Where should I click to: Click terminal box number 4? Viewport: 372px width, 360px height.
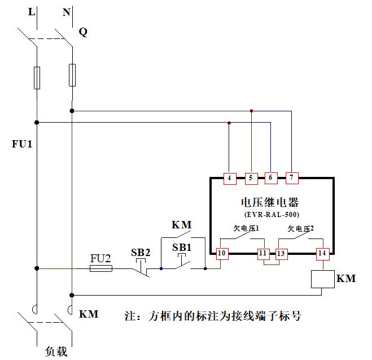229,179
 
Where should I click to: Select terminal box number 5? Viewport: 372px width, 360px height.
251,179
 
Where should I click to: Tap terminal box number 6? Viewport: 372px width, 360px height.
270,179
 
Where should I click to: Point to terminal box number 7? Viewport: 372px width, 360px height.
291,179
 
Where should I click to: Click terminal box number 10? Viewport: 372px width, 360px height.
222,254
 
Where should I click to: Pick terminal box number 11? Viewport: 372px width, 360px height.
262,254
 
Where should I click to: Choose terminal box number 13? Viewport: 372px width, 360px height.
281,254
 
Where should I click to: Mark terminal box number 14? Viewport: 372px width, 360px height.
321,254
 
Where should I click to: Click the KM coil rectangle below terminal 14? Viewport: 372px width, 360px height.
321,279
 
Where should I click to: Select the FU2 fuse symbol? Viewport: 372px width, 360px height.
101,268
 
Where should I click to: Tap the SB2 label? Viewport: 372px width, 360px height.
141,252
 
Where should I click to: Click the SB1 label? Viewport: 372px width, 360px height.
182,247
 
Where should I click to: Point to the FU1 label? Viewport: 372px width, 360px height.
22,144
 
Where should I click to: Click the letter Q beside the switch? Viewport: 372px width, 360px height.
83,32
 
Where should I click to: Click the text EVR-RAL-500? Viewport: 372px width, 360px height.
272,215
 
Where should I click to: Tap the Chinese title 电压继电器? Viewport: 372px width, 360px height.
270,202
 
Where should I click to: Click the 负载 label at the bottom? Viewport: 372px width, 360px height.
56,352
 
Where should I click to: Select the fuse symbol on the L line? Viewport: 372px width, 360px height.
37,77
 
